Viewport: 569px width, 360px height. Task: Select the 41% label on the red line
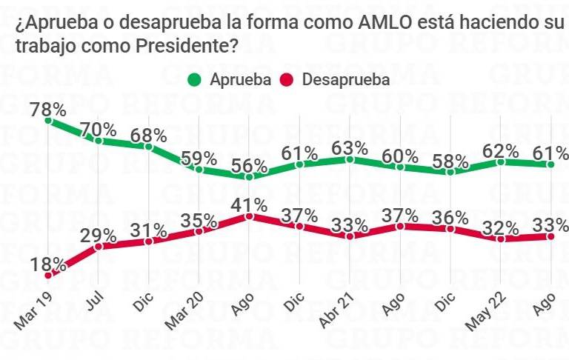pyautogui.click(x=250, y=203)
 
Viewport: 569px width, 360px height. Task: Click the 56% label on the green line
pyautogui.click(x=250, y=164)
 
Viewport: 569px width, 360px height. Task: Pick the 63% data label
pyautogui.click(x=350, y=147)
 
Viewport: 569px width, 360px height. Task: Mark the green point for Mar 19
pyautogui.click(x=48, y=119)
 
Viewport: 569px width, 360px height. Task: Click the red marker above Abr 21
pyautogui.click(x=350, y=236)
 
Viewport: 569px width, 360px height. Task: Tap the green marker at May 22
pyautogui.click(x=501, y=161)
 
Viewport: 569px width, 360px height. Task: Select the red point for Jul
pyautogui.click(x=99, y=245)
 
